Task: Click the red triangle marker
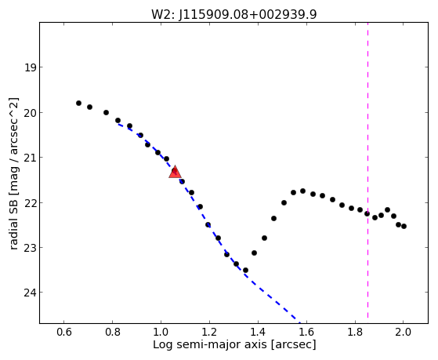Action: pyautogui.click(x=176, y=172)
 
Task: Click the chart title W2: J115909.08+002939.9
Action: pyautogui.click(x=234, y=15)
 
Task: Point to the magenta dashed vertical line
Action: pyautogui.click(x=367, y=170)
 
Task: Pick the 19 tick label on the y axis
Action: pyautogui.click(x=30, y=67)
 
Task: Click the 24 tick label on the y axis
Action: pyautogui.click(x=30, y=293)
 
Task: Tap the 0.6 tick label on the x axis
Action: pyautogui.click(x=64, y=332)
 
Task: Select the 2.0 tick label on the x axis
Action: pyautogui.click(x=404, y=332)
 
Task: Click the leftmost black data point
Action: pyautogui.click(x=79, y=104)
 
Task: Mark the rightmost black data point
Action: pyautogui.click(x=404, y=226)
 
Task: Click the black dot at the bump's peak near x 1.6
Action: pyautogui.click(x=302, y=191)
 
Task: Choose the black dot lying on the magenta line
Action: pyautogui.click(x=367, y=213)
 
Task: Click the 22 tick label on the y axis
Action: pyautogui.click(x=30, y=203)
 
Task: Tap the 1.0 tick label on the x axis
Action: pyautogui.click(x=161, y=332)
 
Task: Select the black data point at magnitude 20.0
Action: pyautogui.click(x=106, y=112)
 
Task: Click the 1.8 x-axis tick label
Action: pyautogui.click(x=355, y=332)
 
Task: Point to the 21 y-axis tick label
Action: pyautogui.click(x=30, y=158)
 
